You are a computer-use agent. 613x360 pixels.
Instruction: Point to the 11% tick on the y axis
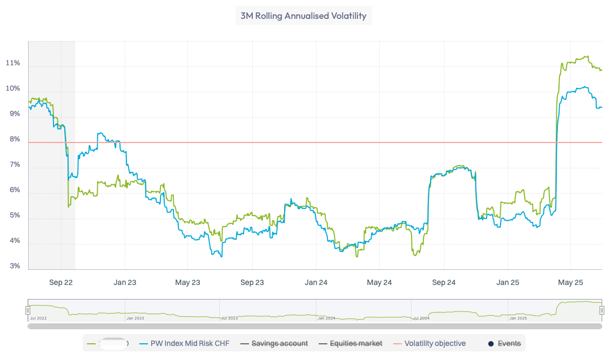coord(13,63)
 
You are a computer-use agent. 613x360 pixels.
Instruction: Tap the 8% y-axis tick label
coord(13,139)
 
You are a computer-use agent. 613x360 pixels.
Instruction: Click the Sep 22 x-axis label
coord(60,282)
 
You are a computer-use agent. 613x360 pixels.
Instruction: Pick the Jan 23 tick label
coord(124,282)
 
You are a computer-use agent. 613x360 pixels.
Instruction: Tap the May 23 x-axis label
coord(188,282)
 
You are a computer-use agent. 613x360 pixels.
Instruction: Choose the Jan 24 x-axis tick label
coord(316,282)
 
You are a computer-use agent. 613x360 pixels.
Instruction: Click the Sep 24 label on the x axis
coord(443,282)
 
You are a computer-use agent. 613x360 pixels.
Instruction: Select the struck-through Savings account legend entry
coord(280,343)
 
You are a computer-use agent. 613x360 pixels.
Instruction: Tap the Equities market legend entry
coord(356,343)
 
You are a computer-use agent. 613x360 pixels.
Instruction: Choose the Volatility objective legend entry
coord(435,343)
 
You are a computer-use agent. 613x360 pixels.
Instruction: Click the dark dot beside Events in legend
coord(491,343)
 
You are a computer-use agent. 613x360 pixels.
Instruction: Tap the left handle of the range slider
coord(28,310)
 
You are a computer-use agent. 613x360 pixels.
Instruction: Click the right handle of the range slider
coord(602,310)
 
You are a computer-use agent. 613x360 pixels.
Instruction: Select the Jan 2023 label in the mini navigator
coord(134,318)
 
